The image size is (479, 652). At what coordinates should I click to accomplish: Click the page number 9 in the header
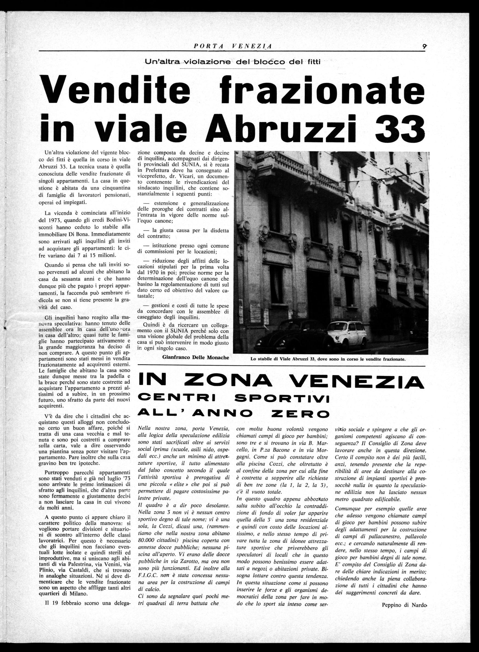point(424,46)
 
